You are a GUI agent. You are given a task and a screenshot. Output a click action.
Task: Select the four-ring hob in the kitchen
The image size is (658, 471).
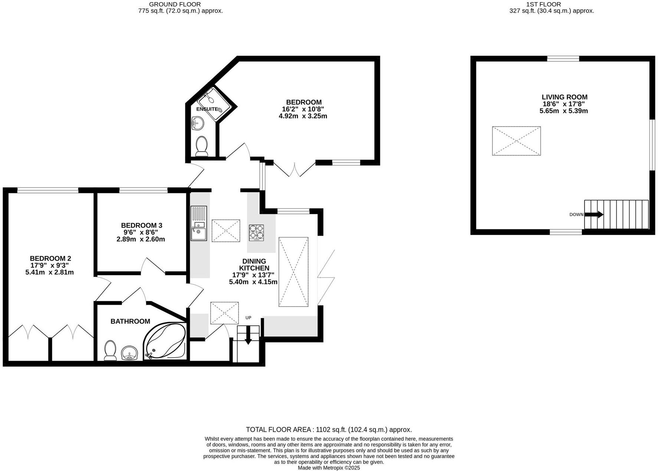[x=256, y=232]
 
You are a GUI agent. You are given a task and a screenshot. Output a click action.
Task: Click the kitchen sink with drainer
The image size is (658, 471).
[x=199, y=223]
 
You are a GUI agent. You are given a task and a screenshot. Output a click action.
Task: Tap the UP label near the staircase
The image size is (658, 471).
[x=248, y=318]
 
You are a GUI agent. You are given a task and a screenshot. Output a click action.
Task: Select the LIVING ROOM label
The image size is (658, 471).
[x=564, y=97]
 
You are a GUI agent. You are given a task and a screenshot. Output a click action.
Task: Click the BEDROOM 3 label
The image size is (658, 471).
[x=141, y=225]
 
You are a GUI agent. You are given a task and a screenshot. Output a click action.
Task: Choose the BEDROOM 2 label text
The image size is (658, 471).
[x=50, y=258]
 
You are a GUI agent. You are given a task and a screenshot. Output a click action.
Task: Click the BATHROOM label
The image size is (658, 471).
[x=130, y=321]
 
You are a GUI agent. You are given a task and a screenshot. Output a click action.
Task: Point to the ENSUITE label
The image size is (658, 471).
[x=207, y=109]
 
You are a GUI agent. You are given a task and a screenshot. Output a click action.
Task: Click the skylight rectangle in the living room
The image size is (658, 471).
[x=516, y=141]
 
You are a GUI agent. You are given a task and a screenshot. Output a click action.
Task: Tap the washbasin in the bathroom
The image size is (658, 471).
[x=129, y=352]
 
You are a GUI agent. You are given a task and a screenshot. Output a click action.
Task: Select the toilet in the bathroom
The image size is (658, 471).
[x=110, y=350]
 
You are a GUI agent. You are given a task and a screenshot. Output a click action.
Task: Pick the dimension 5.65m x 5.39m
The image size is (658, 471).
[x=563, y=111]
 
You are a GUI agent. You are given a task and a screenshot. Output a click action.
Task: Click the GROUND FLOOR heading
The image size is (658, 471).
[x=175, y=4]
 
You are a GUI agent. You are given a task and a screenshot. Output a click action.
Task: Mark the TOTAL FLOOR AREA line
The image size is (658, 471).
[x=329, y=430]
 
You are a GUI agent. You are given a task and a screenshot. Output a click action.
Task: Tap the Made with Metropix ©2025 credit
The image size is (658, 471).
[x=329, y=468]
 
